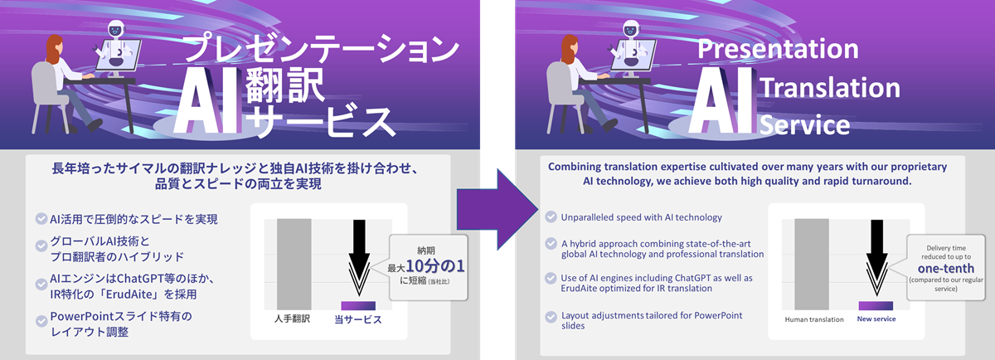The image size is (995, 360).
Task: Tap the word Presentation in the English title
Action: [x=777, y=48]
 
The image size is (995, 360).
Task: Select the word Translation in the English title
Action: [x=829, y=87]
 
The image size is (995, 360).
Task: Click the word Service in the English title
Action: [x=804, y=125]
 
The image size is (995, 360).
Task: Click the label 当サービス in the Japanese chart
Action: [x=357, y=319]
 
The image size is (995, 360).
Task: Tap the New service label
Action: [x=876, y=319]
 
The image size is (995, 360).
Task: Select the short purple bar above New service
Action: [x=876, y=305]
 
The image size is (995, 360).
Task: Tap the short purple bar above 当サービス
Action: [x=357, y=305]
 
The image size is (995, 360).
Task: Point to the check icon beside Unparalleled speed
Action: [x=551, y=217]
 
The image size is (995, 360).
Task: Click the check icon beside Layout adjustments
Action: [x=551, y=316]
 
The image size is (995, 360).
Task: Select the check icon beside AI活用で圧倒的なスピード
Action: [x=41, y=219]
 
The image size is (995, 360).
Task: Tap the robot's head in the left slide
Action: [x=114, y=32]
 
